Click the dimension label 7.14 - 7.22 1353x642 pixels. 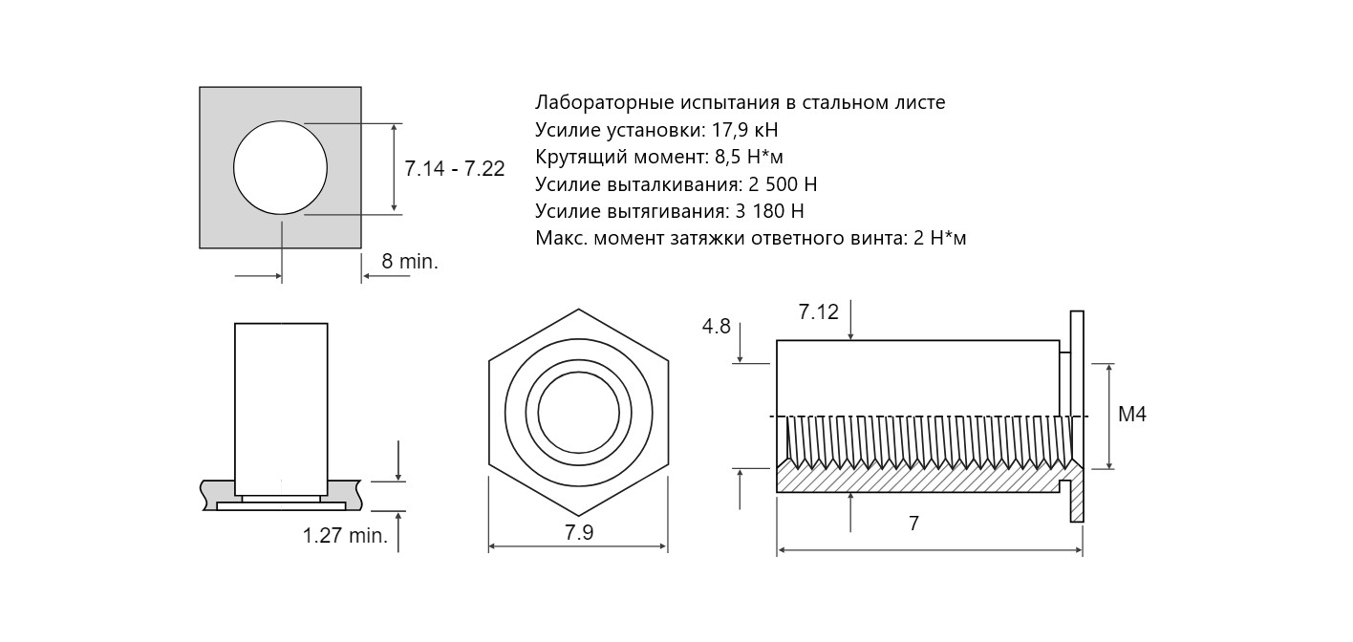coord(454,168)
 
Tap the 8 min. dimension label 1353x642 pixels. coord(410,262)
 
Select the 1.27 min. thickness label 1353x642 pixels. coord(345,535)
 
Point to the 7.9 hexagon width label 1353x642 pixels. coord(579,532)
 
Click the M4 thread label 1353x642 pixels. coord(1132,415)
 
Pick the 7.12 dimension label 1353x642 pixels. coord(819,311)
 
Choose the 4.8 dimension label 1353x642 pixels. coord(717,326)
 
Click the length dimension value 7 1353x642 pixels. coord(913,523)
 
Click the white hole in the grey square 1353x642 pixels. coord(280,167)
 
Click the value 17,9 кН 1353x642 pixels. coord(746,130)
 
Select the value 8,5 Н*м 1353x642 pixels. coord(749,157)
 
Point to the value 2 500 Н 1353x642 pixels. coord(783,184)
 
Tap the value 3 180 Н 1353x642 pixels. coord(769,211)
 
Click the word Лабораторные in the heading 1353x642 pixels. coord(605,102)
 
